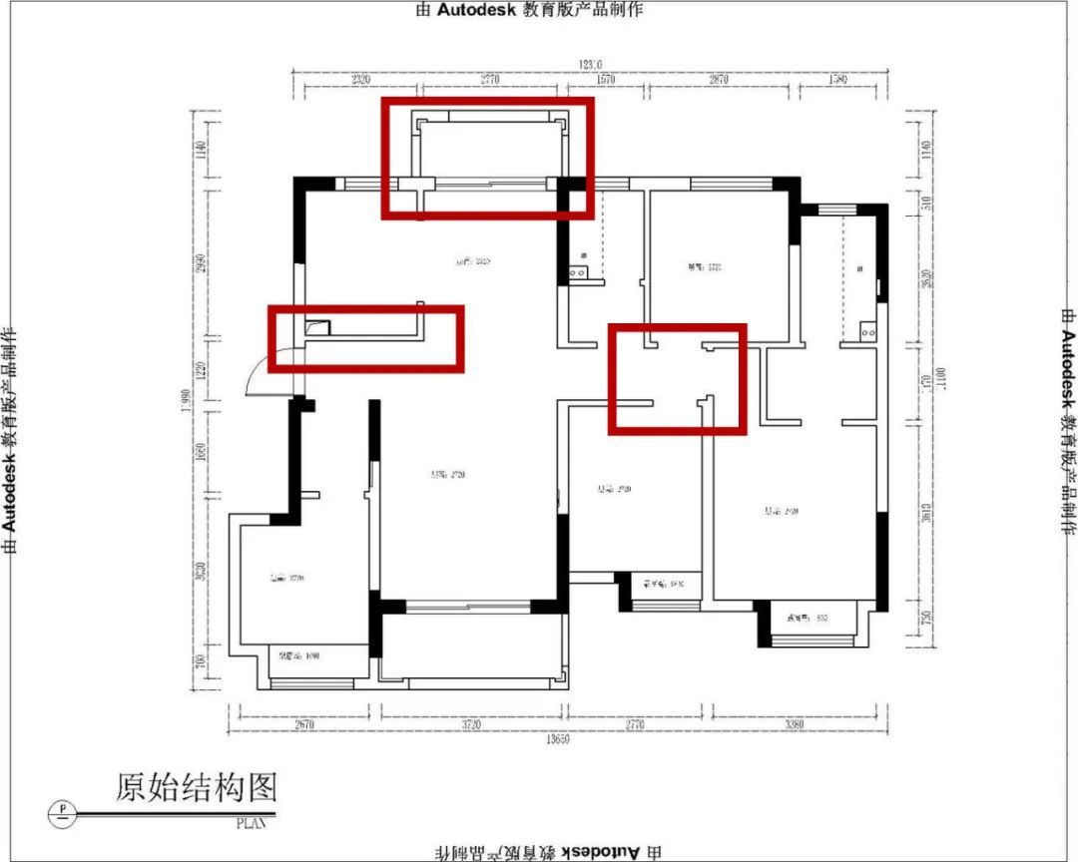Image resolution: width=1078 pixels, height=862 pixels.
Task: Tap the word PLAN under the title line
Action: (x=253, y=824)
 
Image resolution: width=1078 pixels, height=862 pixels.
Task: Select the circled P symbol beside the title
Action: (x=63, y=810)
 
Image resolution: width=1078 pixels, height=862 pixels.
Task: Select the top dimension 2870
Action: (x=718, y=80)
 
